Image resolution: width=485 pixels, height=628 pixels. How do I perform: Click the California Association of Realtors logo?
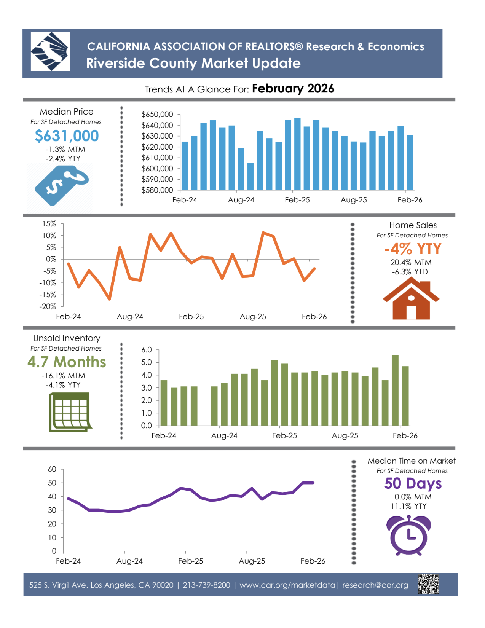coord(50,51)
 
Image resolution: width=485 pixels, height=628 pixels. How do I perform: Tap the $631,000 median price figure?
coord(67,136)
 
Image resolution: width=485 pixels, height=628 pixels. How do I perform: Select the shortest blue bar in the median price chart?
coord(250,177)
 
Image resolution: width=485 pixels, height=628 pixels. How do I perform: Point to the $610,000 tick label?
coord(157,158)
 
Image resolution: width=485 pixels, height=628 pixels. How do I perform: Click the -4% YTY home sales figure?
coord(413,249)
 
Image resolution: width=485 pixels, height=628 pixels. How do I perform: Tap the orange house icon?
coord(411,299)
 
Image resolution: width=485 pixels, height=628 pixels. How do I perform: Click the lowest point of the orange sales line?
coord(110,299)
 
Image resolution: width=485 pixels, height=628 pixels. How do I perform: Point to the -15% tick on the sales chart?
coord(48,295)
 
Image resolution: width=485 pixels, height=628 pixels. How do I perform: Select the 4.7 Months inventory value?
coord(67,362)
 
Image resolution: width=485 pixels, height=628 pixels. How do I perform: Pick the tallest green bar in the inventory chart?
coord(395,390)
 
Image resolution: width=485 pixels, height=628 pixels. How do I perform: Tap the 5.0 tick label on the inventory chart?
coord(147,362)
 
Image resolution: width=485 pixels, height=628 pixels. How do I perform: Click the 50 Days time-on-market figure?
coord(413,483)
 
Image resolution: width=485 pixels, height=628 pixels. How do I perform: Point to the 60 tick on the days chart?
coord(52,469)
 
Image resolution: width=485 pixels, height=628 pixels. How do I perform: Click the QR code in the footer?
coord(428,584)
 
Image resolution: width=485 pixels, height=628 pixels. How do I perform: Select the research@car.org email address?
coord(375,585)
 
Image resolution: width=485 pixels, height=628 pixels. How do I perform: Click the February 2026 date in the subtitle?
coord(293,89)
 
